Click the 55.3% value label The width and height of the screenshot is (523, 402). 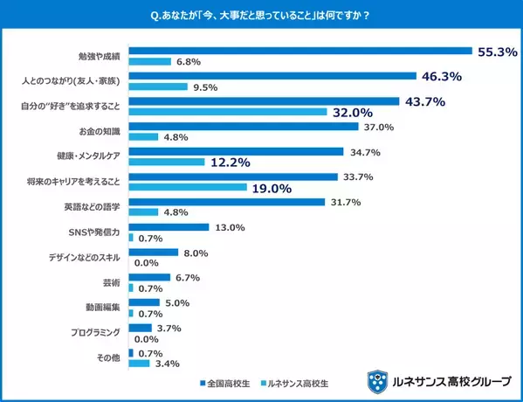click(498, 52)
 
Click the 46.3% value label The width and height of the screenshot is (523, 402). click(442, 77)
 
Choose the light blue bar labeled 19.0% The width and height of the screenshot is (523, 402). click(188, 187)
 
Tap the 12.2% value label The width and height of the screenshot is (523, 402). click(230, 163)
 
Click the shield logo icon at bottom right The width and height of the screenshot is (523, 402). click(377, 381)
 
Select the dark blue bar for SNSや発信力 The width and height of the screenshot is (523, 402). click(169, 227)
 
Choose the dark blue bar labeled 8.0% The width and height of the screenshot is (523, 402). click(153, 253)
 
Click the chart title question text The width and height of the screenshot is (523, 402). click(260, 15)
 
